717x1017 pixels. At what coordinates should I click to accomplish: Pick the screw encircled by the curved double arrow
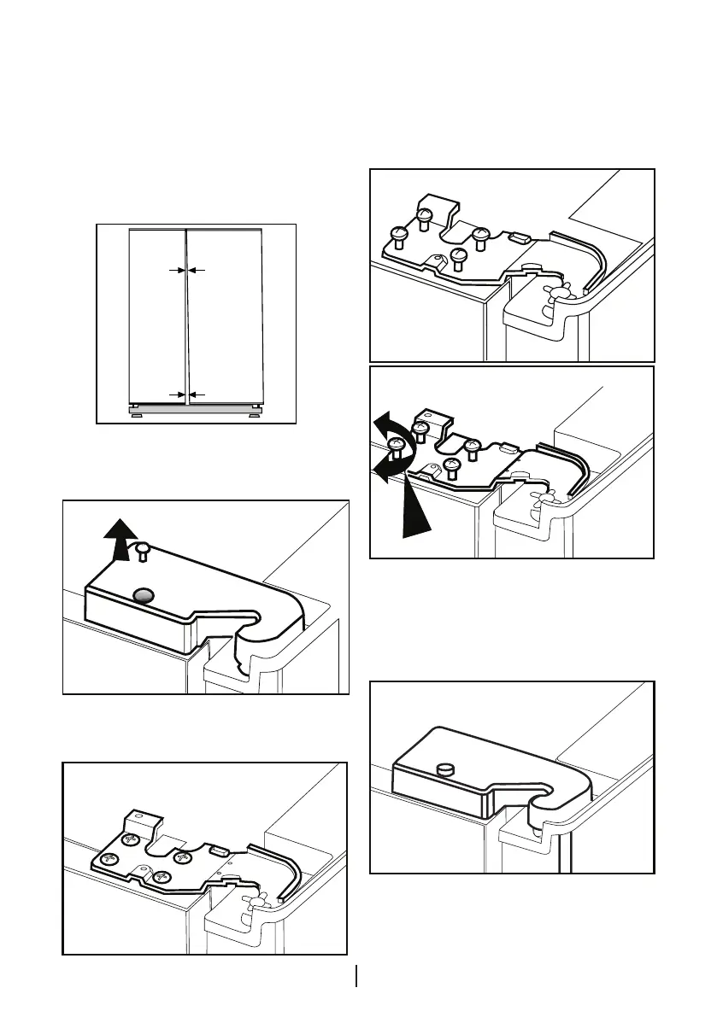point(396,445)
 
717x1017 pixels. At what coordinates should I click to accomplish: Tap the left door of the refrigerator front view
point(156,316)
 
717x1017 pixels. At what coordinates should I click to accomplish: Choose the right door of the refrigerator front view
point(225,316)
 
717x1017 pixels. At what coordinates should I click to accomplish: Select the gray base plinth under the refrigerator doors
point(195,409)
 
